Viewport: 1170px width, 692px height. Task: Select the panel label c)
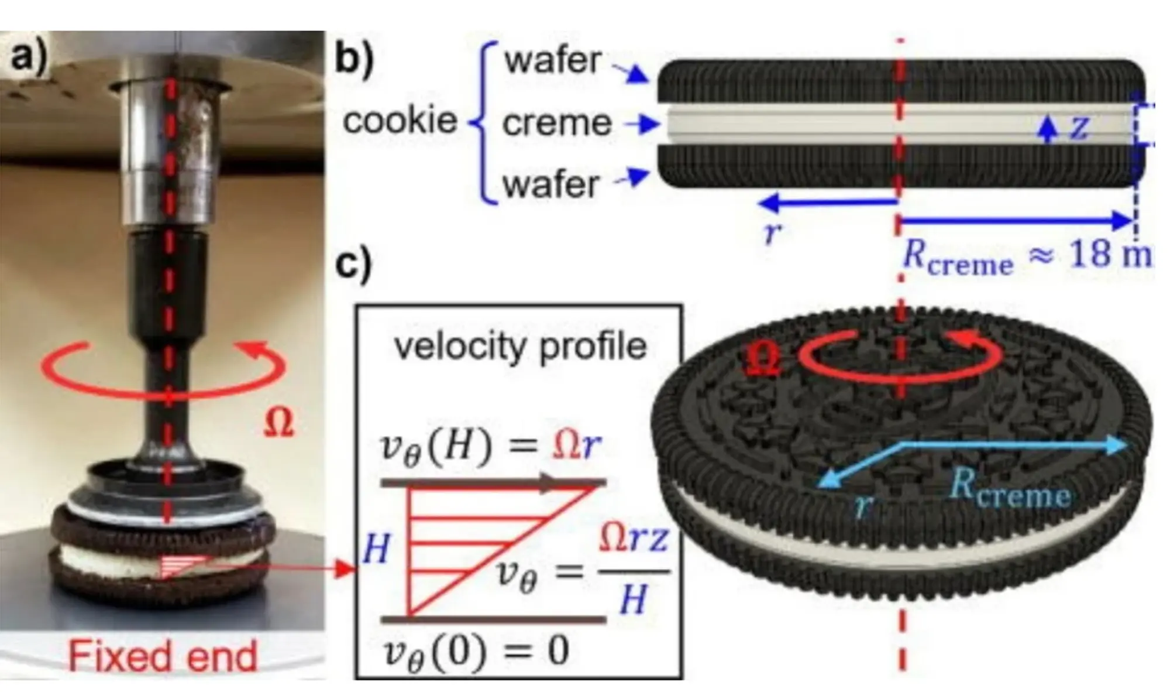(x=353, y=264)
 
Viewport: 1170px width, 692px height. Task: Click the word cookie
(x=400, y=121)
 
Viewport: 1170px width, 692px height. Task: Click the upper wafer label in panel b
(x=553, y=60)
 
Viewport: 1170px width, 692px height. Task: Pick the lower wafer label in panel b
(x=551, y=184)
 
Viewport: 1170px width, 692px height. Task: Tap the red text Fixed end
(x=163, y=656)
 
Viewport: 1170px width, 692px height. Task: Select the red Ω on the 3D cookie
(x=765, y=361)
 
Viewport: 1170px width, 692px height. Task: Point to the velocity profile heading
(x=520, y=347)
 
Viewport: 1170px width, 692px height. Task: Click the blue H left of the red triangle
(x=376, y=550)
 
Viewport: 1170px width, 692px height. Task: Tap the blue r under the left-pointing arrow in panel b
(x=772, y=233)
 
